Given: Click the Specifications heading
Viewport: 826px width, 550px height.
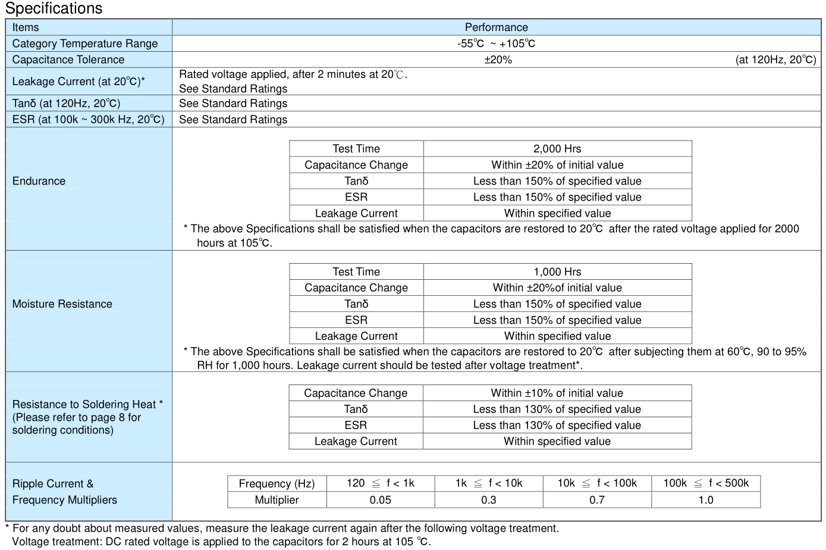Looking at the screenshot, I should point(54,8).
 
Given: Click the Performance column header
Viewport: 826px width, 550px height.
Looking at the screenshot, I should point(496,27).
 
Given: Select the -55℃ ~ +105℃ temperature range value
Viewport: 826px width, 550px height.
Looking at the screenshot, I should point(496,43).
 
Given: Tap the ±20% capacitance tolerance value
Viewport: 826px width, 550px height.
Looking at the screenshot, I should point(498,60).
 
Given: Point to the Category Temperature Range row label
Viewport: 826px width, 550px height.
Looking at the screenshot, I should point(85,43).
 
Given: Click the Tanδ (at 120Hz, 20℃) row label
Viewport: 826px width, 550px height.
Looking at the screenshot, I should point(66,104).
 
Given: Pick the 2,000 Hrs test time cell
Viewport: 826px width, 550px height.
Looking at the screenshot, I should point(557,149).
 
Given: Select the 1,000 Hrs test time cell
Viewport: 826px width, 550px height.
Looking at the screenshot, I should point(557,272).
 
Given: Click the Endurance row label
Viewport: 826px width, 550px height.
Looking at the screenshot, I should point(39,181).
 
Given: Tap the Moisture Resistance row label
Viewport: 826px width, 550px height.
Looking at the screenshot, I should point(62,304).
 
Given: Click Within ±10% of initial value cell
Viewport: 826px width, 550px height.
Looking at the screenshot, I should point(557,393).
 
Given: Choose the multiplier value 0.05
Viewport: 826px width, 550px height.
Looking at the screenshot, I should point(381,500).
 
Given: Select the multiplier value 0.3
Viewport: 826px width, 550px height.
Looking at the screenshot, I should point(489,500).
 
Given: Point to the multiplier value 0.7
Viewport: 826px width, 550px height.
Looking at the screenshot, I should point(597,500).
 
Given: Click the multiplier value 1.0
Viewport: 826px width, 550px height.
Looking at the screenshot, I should point(706,500).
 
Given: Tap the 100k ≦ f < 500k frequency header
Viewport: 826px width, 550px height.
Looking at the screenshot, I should point(706,483).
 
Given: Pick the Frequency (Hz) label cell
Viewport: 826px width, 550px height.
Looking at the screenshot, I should point(277,484).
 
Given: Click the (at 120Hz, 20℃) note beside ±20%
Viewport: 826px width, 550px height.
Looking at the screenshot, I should point(775,60).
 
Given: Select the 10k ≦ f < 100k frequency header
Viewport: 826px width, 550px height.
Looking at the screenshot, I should point(597,483).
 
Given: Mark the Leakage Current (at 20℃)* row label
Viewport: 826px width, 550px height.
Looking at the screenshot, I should point(78,82).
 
